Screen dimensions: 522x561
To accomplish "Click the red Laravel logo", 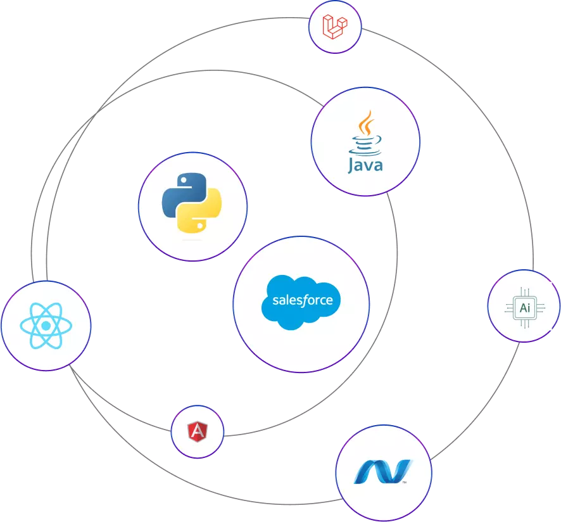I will [x=335, y=26].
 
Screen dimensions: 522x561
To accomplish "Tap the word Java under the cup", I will [x=365, y=165].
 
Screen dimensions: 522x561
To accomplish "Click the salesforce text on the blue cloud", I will [x=302, y=300].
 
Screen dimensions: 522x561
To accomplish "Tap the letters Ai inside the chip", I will [x=524, y=309].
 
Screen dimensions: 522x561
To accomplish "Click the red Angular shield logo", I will [x=198, y=432].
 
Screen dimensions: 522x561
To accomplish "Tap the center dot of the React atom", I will [x=45, y=326].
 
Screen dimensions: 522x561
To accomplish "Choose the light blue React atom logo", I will [x=45, y=326].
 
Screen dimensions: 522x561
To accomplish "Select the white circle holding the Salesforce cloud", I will [x=301, y=345].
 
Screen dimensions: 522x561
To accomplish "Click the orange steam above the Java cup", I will [x=365, y=122].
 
